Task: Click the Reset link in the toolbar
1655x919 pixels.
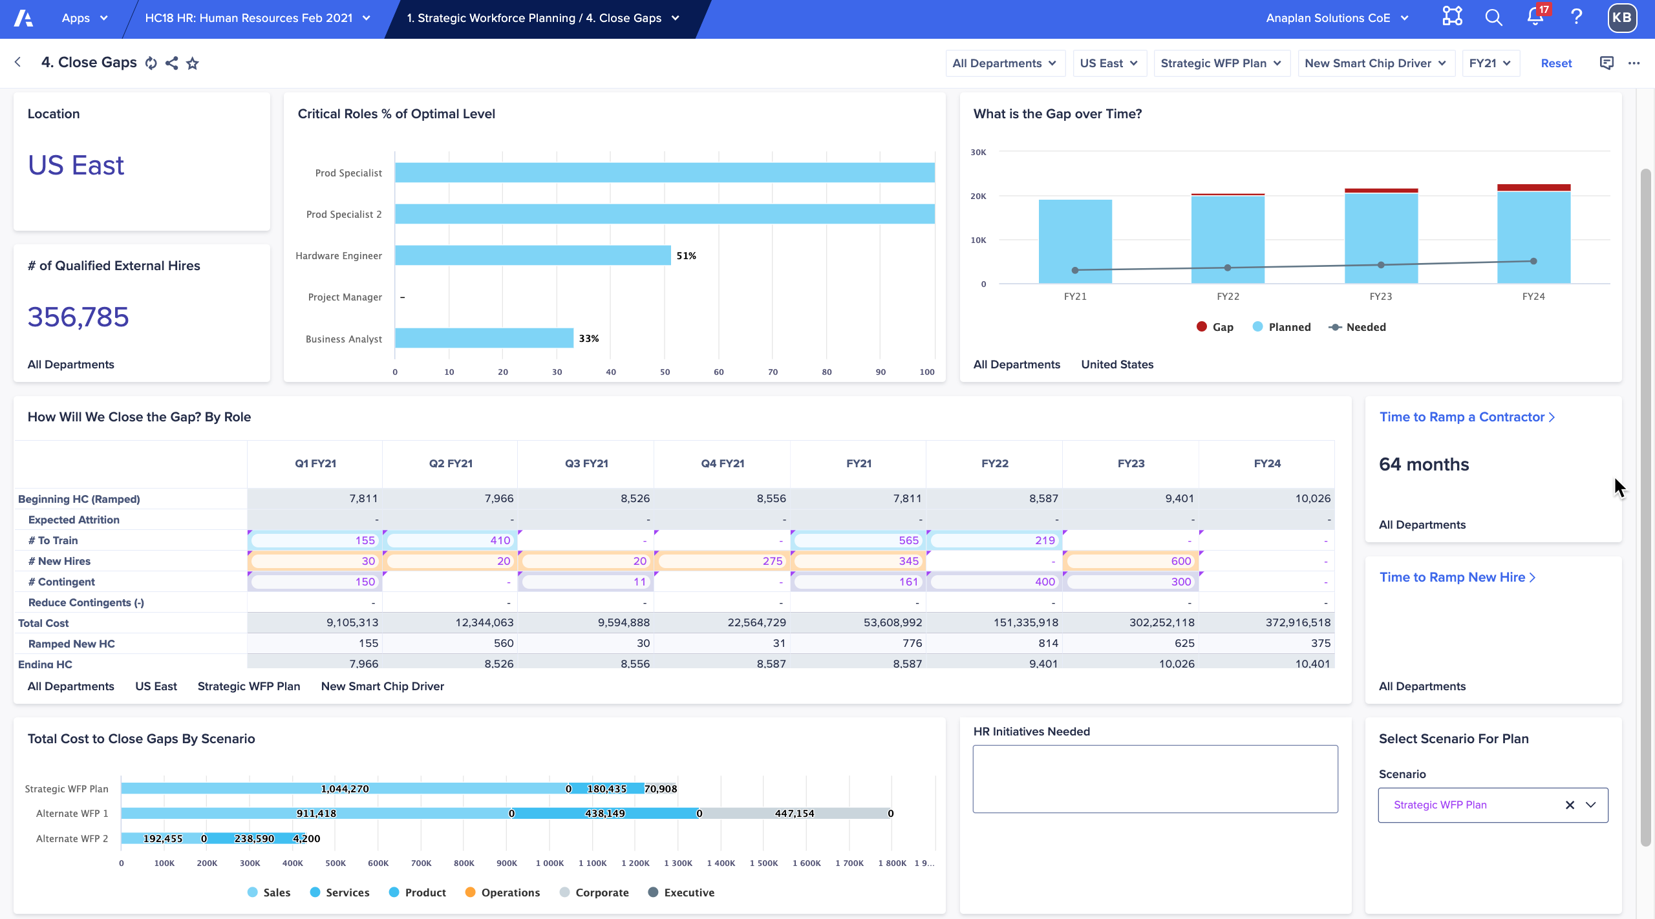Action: [1555, 63]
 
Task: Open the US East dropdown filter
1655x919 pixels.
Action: [1109, 63]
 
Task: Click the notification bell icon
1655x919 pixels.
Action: [1535, 17]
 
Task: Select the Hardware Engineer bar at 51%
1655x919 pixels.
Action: [532, 255]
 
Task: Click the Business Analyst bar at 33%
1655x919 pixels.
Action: [484, 338]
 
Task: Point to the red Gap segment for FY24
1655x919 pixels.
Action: [1533, 187]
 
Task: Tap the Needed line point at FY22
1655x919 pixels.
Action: [1227, 268]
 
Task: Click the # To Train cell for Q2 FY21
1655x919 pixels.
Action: [450, 540]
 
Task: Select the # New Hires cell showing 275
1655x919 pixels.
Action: [722, 561]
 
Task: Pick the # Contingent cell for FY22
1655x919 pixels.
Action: [994, 582]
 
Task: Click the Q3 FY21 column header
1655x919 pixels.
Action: [586, 463]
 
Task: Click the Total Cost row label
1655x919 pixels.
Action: [43, 623]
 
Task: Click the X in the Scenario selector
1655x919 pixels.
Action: [1570, 805]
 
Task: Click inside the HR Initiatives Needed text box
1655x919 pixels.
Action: [1155, 779]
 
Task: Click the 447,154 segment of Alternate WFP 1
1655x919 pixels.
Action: [794, 814]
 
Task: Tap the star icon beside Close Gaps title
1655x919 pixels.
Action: [192, 63]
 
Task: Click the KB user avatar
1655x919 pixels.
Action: [1621, 17]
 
